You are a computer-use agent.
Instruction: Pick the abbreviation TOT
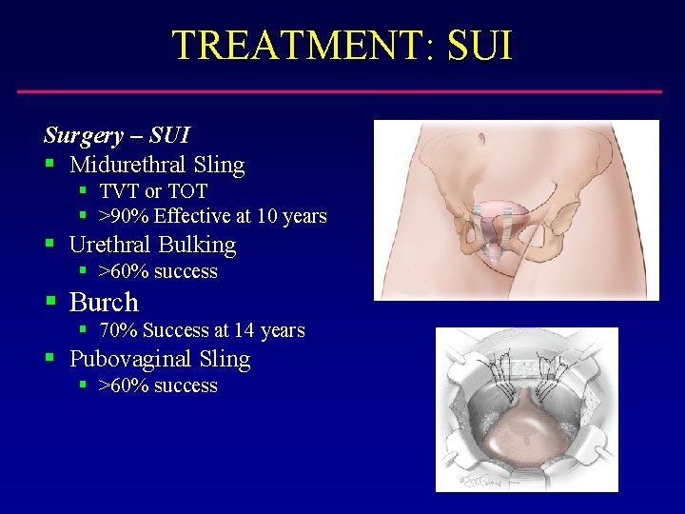(187, 191)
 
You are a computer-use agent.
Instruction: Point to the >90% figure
(124, 216)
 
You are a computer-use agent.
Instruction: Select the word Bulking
(196, 245)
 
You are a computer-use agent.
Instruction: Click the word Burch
(104, 303)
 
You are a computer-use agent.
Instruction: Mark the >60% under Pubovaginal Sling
(124, 385)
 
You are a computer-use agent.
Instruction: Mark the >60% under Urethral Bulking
(124, 271)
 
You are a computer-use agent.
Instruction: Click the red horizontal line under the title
(340, 91)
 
